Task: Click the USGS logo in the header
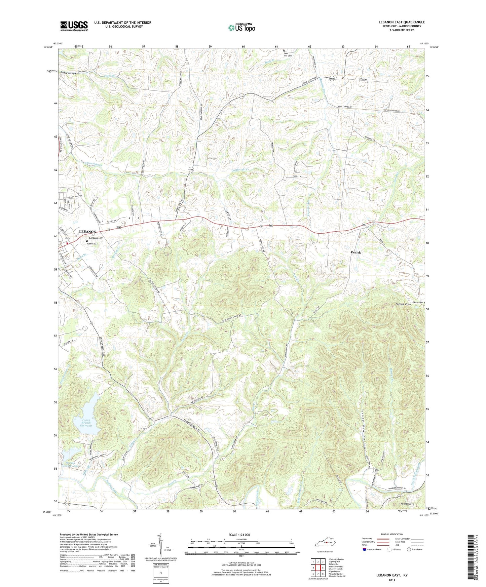74,26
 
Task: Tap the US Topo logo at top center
241,27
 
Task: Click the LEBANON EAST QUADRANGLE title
402,22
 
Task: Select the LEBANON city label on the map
87,232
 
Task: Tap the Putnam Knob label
403,305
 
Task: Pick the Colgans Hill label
96,238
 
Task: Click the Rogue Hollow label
68,73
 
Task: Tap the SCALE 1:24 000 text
241,535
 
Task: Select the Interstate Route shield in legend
365,549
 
